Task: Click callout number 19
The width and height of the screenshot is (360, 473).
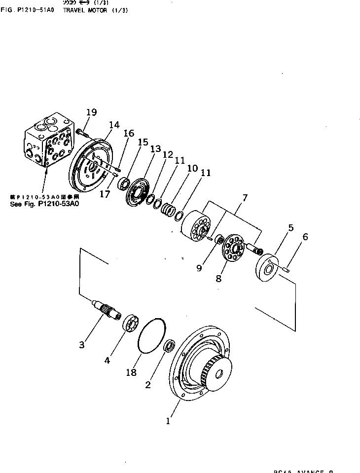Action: [91, 112]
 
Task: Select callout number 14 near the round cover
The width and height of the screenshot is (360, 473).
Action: [114, 125]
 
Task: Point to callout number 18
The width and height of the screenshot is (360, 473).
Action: [131, 372]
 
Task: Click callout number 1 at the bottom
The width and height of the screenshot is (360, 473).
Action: [169, 422]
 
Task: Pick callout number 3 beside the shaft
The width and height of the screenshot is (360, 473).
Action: [82, 344]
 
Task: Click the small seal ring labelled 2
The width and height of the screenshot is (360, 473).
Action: [169, 346]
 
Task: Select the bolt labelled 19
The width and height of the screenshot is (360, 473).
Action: [81, 132]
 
